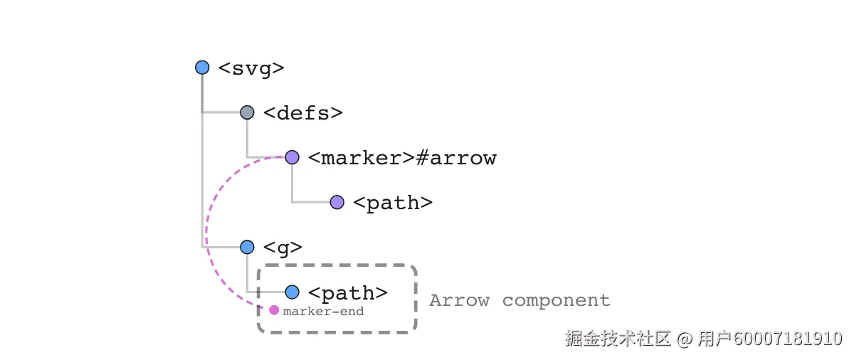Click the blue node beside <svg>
202,68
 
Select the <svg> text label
251,68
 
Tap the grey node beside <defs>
247,112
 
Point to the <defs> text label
303,113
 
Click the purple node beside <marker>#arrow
292,157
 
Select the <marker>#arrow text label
402,158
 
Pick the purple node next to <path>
337,202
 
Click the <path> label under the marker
393,203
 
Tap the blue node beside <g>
247,247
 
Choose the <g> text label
283,248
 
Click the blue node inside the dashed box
292,292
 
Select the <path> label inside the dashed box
348,292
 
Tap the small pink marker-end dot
274,310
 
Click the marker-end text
323,311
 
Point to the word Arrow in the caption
459,300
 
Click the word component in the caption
556,301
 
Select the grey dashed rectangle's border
415,299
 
